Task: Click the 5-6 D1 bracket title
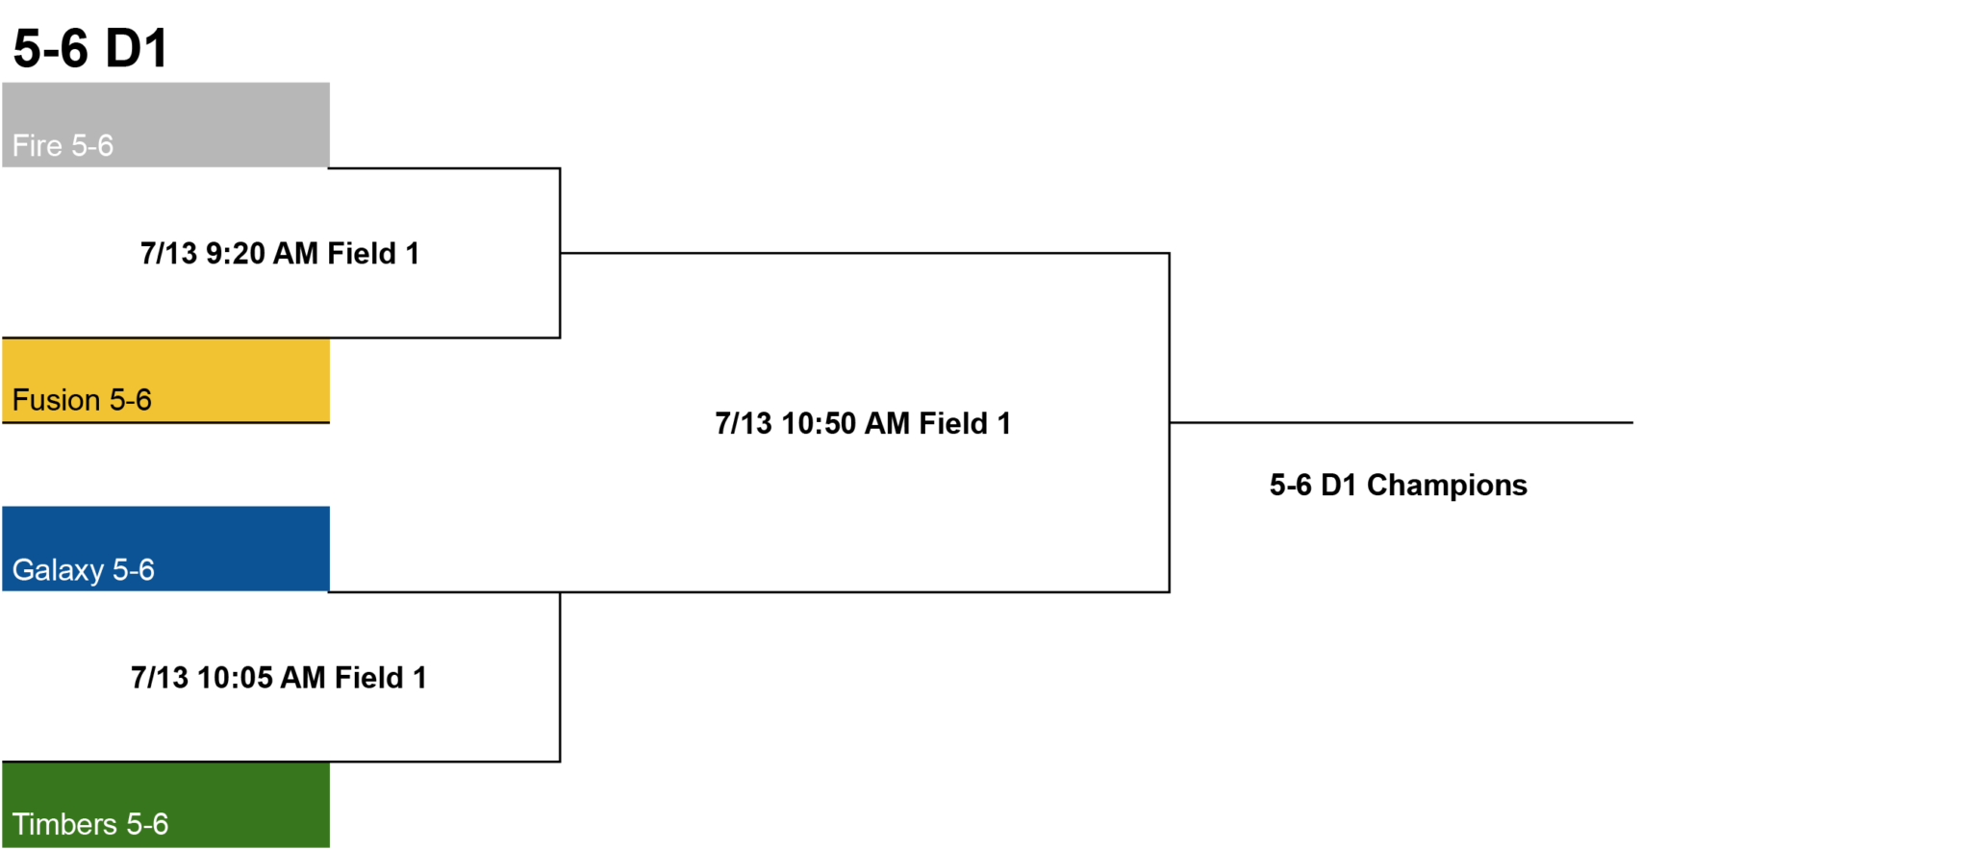pyautogui.click(x=91, y=48)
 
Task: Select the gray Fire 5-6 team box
pyautogui.click(x=165, y=125)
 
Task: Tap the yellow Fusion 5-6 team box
pyautogui.click(x=165, y=380)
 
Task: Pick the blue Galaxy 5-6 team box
pyautogui.click(x=165, y=549)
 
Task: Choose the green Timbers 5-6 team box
pyautogui.click(x=165, y=805)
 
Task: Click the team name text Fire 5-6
pyautogui.click(x=63, y=145)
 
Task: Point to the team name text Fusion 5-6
pyautogui.click(x=82, y=400)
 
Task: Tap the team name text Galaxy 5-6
pyautogui.click(x=84, y=570)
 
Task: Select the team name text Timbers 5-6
pyautogui.click(x=90, y=824)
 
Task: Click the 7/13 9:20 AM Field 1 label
pyautogui.click(x=280, y=253)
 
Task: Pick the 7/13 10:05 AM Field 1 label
pyautogui.click(x=279, y=678)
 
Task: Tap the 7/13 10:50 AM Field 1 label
pyautogui.click(x=863, y=423)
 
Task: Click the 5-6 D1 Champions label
pyautogui.click(x=1399, y=486)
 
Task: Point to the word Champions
pyautogui.click(x=1447, y=486)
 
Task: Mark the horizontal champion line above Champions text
pyautogui.click(x=1402, y=422)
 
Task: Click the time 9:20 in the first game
pyautogui.click(x=236, y=253)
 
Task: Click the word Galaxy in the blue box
pyautogui.click(x=58, y=570)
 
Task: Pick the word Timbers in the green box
pyautogui.click(x=64, y=824)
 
